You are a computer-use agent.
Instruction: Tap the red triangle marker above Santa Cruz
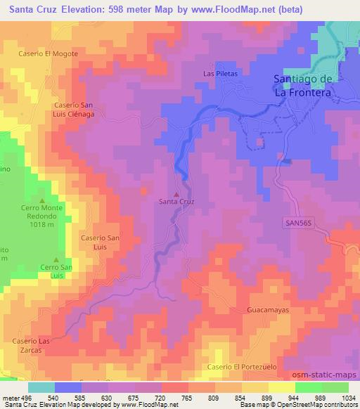click(176, 194)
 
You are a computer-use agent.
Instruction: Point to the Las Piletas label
click(221, 73)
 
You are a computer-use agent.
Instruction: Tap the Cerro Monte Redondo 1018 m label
click(41, 216)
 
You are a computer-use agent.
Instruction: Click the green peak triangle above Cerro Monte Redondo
click(41, 200)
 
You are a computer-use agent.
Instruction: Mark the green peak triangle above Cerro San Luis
click(56, 259)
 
